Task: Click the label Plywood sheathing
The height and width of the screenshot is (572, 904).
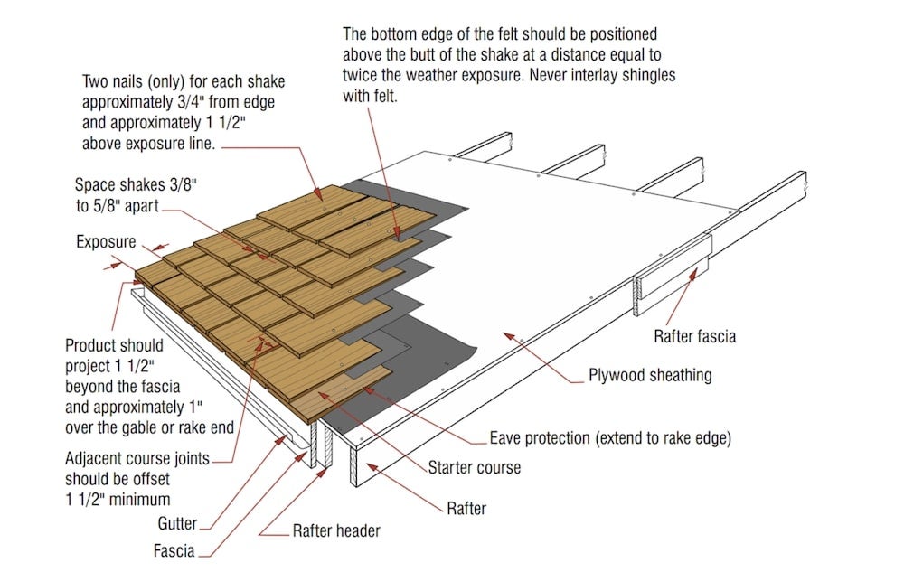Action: click(x=650, y=375)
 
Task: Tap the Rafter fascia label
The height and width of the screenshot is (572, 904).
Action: click(x=694, y=336)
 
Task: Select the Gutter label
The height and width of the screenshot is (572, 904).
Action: click(x=177, y=523)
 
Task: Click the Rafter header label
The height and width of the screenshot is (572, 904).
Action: click(x=336, y=530)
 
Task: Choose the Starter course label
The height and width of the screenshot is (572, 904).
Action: click(x=474, y=468)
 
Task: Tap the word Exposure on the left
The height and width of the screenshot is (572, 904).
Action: click(x=106, y=242)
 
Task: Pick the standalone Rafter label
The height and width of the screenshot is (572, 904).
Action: click(x=466, y=508)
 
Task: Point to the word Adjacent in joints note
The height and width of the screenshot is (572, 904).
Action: click(x=98, y=458)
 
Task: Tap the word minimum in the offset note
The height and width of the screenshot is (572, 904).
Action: click(x=138, y=498)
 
